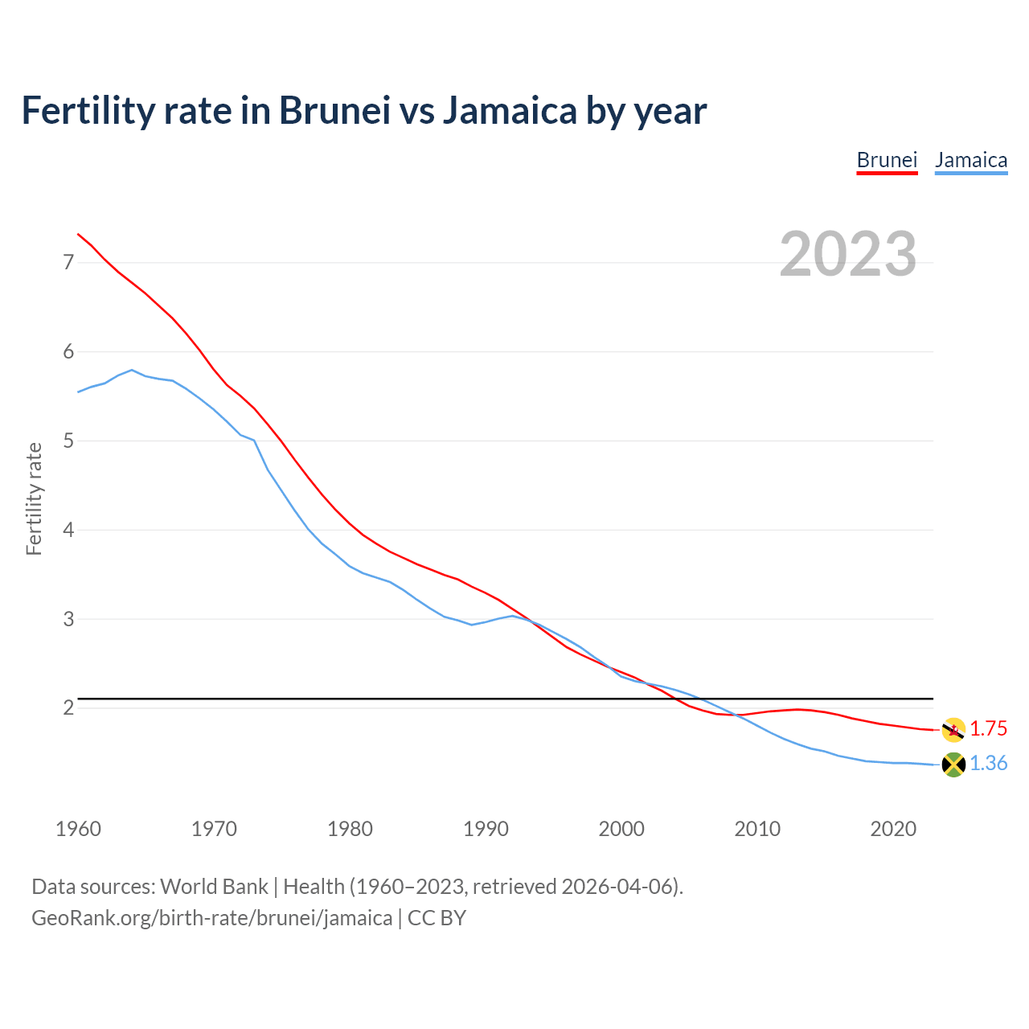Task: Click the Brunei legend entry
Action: coord(887,160)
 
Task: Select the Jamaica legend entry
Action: coord(971,160)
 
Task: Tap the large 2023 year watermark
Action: coord(848,254)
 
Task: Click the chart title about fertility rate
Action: coord(364,111)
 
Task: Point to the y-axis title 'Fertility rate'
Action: coord(34,498)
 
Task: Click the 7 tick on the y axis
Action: coord(68,263)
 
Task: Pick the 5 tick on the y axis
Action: coord(68,441)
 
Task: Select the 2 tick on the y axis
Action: coord(68,708)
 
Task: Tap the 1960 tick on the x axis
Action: coord(78,829)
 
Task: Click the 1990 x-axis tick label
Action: coord(486,829)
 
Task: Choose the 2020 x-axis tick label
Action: coord(893,829)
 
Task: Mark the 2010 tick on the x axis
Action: coord(757,829)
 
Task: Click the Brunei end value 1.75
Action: coord(988,729)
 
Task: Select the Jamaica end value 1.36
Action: coord(988,764)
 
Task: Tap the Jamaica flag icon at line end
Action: coord(953,765)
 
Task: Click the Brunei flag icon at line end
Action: coord(953,730)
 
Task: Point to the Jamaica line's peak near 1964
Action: coord(132,370)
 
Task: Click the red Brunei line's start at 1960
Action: coord(78,234)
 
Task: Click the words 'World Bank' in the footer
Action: coord(214,887)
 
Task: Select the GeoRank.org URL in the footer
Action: coord(211,918)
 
